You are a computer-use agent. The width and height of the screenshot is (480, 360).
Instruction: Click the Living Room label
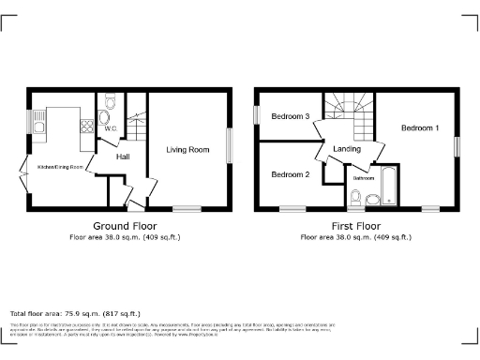187,149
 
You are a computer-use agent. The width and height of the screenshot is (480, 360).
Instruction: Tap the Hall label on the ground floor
123,157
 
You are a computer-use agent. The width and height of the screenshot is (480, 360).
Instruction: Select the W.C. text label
110,128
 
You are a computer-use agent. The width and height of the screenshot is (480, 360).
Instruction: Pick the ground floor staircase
138,124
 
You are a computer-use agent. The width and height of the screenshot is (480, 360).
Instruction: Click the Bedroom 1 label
419,127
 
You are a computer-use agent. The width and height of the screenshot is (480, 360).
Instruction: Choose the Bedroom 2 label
290,175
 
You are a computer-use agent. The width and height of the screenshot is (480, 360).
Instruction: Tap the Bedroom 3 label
291,117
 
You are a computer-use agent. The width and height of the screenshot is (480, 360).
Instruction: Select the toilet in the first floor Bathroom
356,196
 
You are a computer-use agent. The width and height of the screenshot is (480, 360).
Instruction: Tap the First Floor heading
354,226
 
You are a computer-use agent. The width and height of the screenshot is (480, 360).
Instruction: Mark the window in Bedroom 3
257,113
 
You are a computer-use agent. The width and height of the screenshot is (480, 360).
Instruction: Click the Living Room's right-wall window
228,147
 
